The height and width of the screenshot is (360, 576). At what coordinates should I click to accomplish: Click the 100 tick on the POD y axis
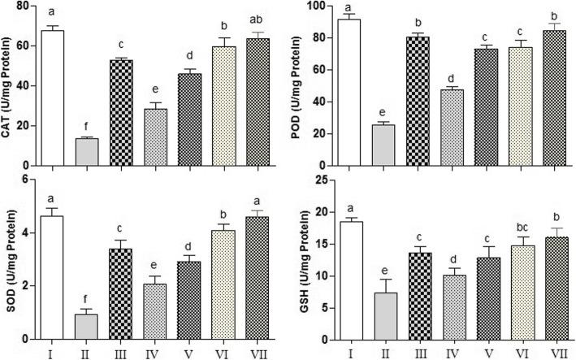point(317,7)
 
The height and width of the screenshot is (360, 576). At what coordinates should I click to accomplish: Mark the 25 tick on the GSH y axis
point(320,180)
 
